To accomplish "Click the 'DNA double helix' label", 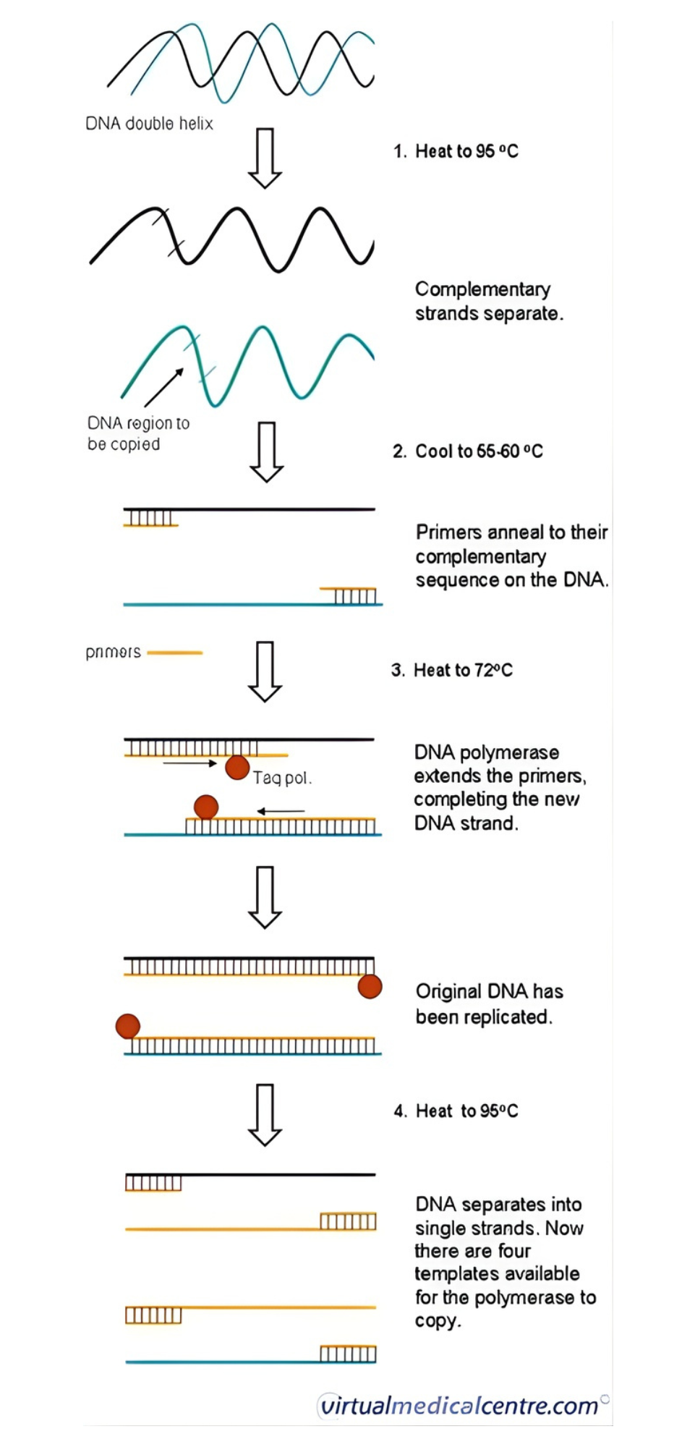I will [x=149, y=124].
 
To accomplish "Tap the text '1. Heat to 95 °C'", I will [x=456, y=151].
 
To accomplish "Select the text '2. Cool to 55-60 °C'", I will [x=467, y=451].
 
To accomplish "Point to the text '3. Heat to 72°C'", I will [x=452, y=670].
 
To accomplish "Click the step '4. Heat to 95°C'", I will [x=456, y=1111].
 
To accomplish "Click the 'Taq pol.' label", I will [x=282, y=778].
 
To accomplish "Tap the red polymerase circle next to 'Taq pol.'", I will [x=237, y=767].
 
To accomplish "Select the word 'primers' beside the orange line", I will [x=114, y=652].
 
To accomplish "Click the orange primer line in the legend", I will [x=175, y=653].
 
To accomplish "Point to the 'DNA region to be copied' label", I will [x=137, y=433].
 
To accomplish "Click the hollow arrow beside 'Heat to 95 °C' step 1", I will [x=265, y=158].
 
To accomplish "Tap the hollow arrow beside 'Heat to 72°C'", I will [x=265, y=671].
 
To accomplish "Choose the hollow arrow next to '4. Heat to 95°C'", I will [x=265, y=1114].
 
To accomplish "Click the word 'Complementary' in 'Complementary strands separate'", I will [x=482, y=289].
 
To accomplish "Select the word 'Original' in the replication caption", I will [x=448, y=991].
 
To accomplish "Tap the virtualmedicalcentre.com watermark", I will [x=460, y=1405].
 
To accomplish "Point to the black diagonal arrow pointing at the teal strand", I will [x=164, y=387].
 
